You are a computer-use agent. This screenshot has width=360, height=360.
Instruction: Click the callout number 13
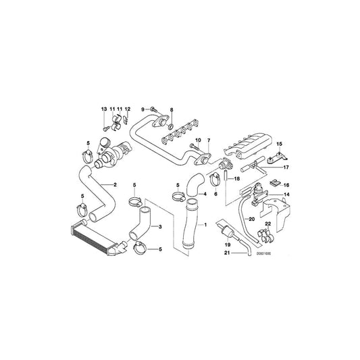(104, 109)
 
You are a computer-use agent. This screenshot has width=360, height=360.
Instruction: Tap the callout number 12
(127, 109)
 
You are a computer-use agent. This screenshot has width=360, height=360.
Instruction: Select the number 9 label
(143, 109)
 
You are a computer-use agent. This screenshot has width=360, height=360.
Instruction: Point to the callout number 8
(171, 109)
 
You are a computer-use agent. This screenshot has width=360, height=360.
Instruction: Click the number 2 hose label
(115, 184)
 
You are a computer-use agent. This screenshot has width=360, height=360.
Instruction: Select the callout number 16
(286, 184)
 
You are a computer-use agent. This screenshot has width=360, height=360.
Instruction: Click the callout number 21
(228, 253)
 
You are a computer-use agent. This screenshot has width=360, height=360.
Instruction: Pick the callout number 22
(268, 224)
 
